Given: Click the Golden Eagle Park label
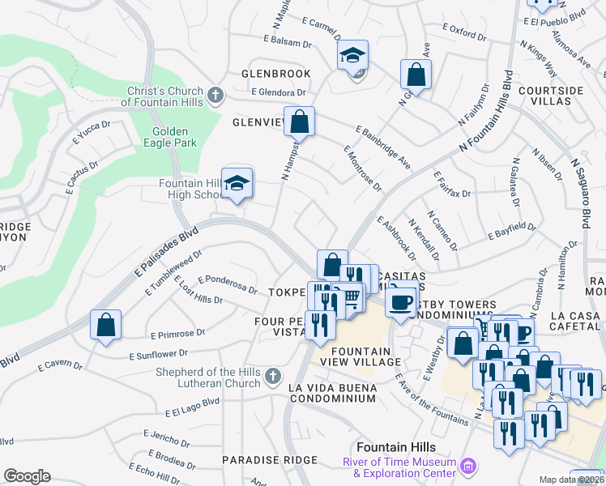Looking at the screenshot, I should click(169, 137).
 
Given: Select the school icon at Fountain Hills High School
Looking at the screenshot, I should click(237, 184).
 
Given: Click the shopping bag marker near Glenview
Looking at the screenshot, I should click(299, 122).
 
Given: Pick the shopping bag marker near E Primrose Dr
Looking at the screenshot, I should click(105, 326).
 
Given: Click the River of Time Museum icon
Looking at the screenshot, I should click(467, 467).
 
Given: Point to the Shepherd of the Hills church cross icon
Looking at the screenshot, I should click(273, 376).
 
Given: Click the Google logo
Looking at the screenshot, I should click(27, 476).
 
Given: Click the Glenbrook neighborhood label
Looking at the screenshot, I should click(276, 74).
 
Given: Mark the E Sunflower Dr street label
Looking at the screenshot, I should click(158, 354).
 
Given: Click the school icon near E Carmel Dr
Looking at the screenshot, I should click(352, 56).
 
